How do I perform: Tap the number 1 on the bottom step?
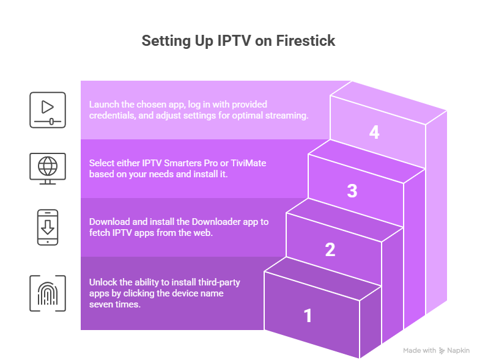[308, 315]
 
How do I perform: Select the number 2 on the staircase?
[330, 249]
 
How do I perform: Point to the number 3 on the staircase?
[352, 191]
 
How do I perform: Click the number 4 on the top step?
[374, 132]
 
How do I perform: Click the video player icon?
[47, 110]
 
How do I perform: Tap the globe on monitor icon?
[47, 169]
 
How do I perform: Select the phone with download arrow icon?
[47, 227]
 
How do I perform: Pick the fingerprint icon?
[47, 293]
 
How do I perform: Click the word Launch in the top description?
[104, 105]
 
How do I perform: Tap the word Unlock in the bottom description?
[103, 282]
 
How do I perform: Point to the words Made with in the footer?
[419, 351]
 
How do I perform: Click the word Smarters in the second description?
[181, 163]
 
